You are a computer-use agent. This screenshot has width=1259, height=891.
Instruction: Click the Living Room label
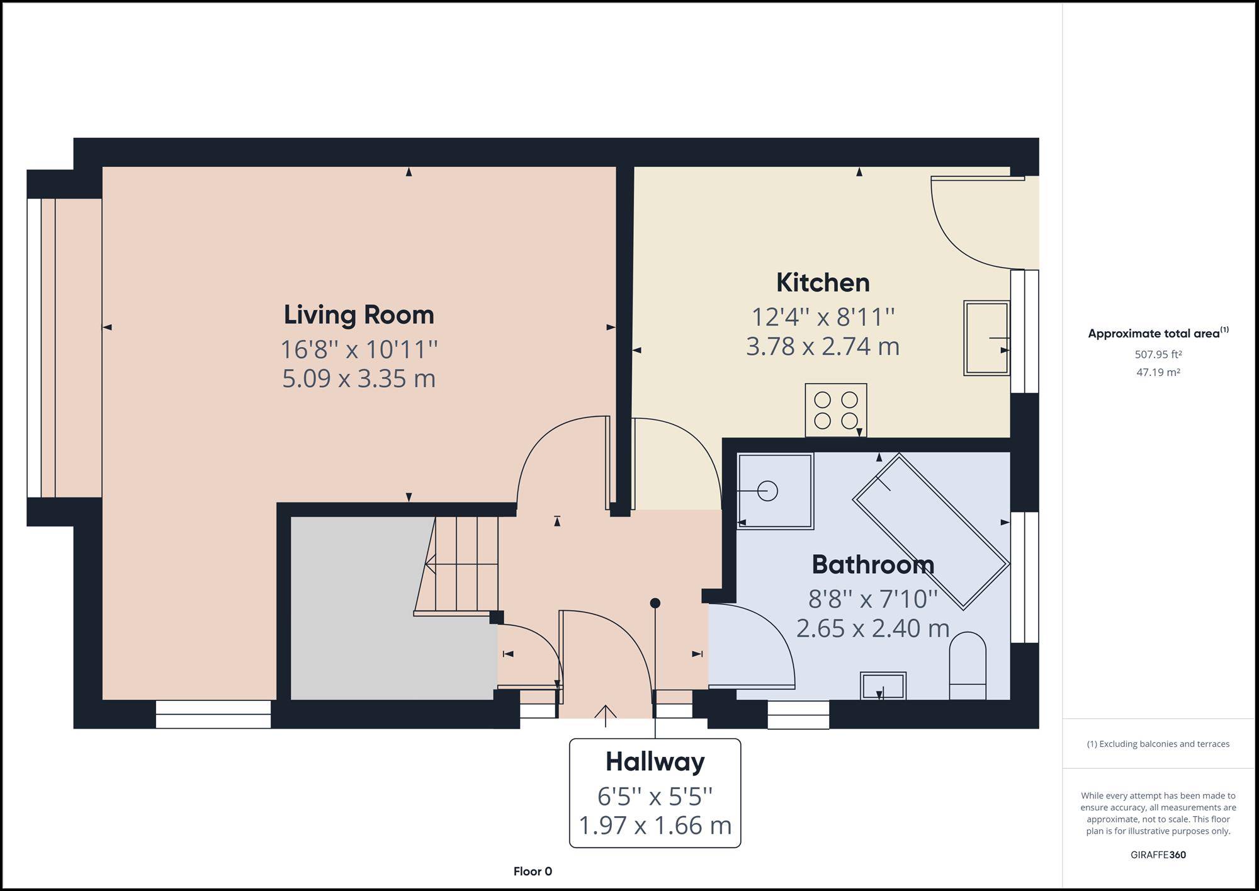(x=359, y=315)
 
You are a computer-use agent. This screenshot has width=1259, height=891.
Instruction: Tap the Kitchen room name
(x=823, y=283)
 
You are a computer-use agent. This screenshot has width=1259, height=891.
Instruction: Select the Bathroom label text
(x=872, y=564)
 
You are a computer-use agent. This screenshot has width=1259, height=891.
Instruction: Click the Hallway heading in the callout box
(x=655, y=762)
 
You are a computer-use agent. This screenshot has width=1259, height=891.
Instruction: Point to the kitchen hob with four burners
(x=835, y=410)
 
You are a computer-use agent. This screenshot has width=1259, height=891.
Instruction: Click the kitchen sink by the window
(x=986, y=338)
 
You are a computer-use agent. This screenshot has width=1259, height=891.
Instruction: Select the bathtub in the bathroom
(x=931, y=532)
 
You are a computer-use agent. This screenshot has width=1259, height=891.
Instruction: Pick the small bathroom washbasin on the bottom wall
(x=883, y=686)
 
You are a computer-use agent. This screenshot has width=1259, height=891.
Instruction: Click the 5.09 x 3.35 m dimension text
(x=359, y=379)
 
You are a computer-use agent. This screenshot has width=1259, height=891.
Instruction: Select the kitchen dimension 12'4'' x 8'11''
(x=823, y=317)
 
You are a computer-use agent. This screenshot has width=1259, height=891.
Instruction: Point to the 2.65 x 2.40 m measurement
(x=872, y=628)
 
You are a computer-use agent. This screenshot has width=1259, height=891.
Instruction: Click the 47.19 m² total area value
(x=1158, y=372)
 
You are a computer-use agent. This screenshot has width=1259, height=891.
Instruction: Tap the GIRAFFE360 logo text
(x=1158, y=854)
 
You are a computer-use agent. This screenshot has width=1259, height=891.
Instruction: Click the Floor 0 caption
(x=533, y=871)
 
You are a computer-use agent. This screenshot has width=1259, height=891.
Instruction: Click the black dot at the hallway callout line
(x=655, y=603)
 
